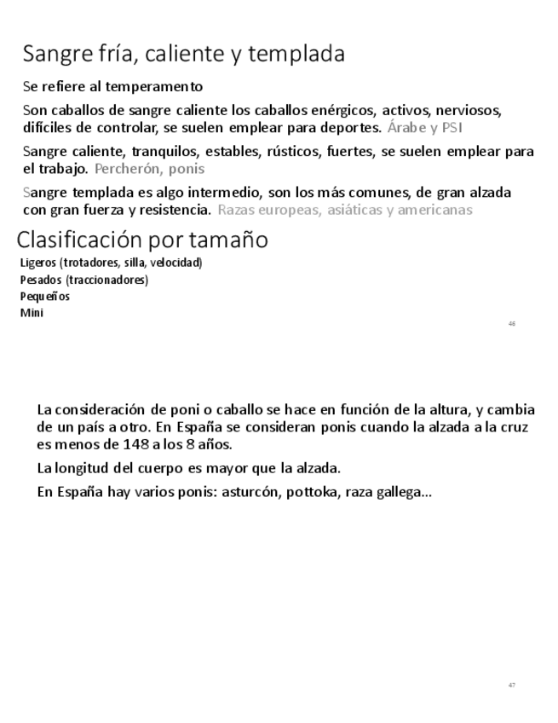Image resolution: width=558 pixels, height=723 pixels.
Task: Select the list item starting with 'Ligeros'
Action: coord(111,263)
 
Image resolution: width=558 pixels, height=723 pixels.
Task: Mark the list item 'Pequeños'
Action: coord(45,296)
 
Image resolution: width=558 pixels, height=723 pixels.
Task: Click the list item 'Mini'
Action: coord(32,312)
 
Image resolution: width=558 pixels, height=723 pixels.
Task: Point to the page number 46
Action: coord(511,324)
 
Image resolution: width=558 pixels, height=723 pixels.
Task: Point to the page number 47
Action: coord(511,685)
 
